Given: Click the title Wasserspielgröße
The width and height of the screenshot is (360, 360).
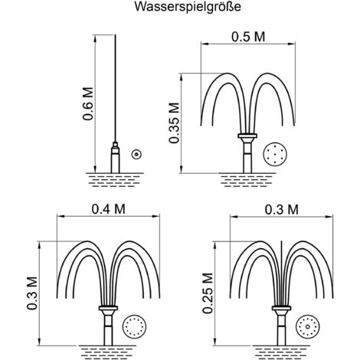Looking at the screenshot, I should pyautogui.click(x=180, y=9).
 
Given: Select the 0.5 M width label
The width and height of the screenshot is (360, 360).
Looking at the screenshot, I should pyautogui.click(x=248, y=36).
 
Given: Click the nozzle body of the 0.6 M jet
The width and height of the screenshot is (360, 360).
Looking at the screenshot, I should pyautogui.click(x=114, y=157).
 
